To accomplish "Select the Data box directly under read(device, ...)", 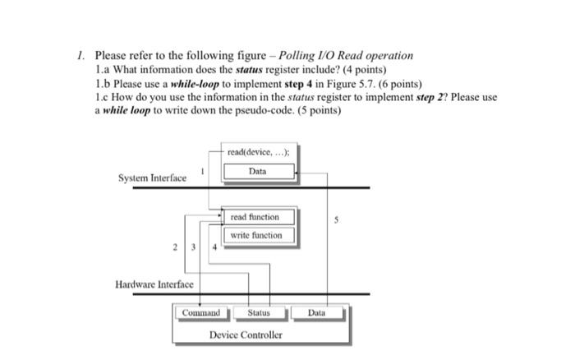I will [x=257, y=171].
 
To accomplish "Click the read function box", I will [x=255, y=217].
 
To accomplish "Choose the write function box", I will [x=255, y=235].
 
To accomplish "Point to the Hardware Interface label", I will [x=154, y=284].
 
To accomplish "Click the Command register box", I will [x=200, y=312].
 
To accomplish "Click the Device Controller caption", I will [x=246, y=335].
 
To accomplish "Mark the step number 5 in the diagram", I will [x=335, y=219].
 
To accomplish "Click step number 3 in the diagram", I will [x=194, y=247].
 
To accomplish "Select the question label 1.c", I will [x=103, y=97].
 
